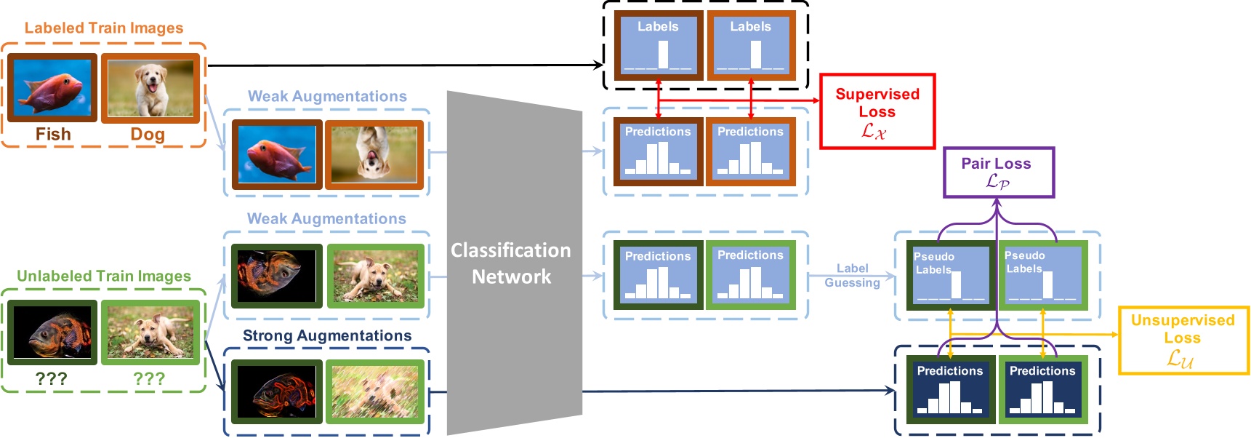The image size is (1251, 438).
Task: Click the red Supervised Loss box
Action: [x=877, y=111]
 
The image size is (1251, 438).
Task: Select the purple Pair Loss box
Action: [x=997, y=172]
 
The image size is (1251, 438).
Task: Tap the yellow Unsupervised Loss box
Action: [x=1182, y=340]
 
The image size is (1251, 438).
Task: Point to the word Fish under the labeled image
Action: [x=53, y=135]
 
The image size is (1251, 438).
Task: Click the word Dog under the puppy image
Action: [x=148, y=135]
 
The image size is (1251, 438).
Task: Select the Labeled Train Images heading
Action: [x=104, y=28]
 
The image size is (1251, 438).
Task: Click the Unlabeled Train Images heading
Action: [x=104, y=276]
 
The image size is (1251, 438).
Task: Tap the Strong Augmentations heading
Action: [x=327, y=336]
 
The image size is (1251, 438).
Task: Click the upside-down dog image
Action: [x=374, y=154]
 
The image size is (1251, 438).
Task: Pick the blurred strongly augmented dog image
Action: [x=375, y=391]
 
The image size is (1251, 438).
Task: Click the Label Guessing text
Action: [x=852, y=276]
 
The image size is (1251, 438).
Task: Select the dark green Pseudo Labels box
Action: [x=950, y=276]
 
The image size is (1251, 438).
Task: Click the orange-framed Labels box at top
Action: [x=751, y=45]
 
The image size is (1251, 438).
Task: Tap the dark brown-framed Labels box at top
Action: [x=659, y=45]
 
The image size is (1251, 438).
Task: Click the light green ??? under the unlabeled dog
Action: [x=149, y=379]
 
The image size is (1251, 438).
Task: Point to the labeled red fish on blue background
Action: [x=52, y=87]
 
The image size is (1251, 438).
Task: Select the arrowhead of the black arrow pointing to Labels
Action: [x=599, y=65]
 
